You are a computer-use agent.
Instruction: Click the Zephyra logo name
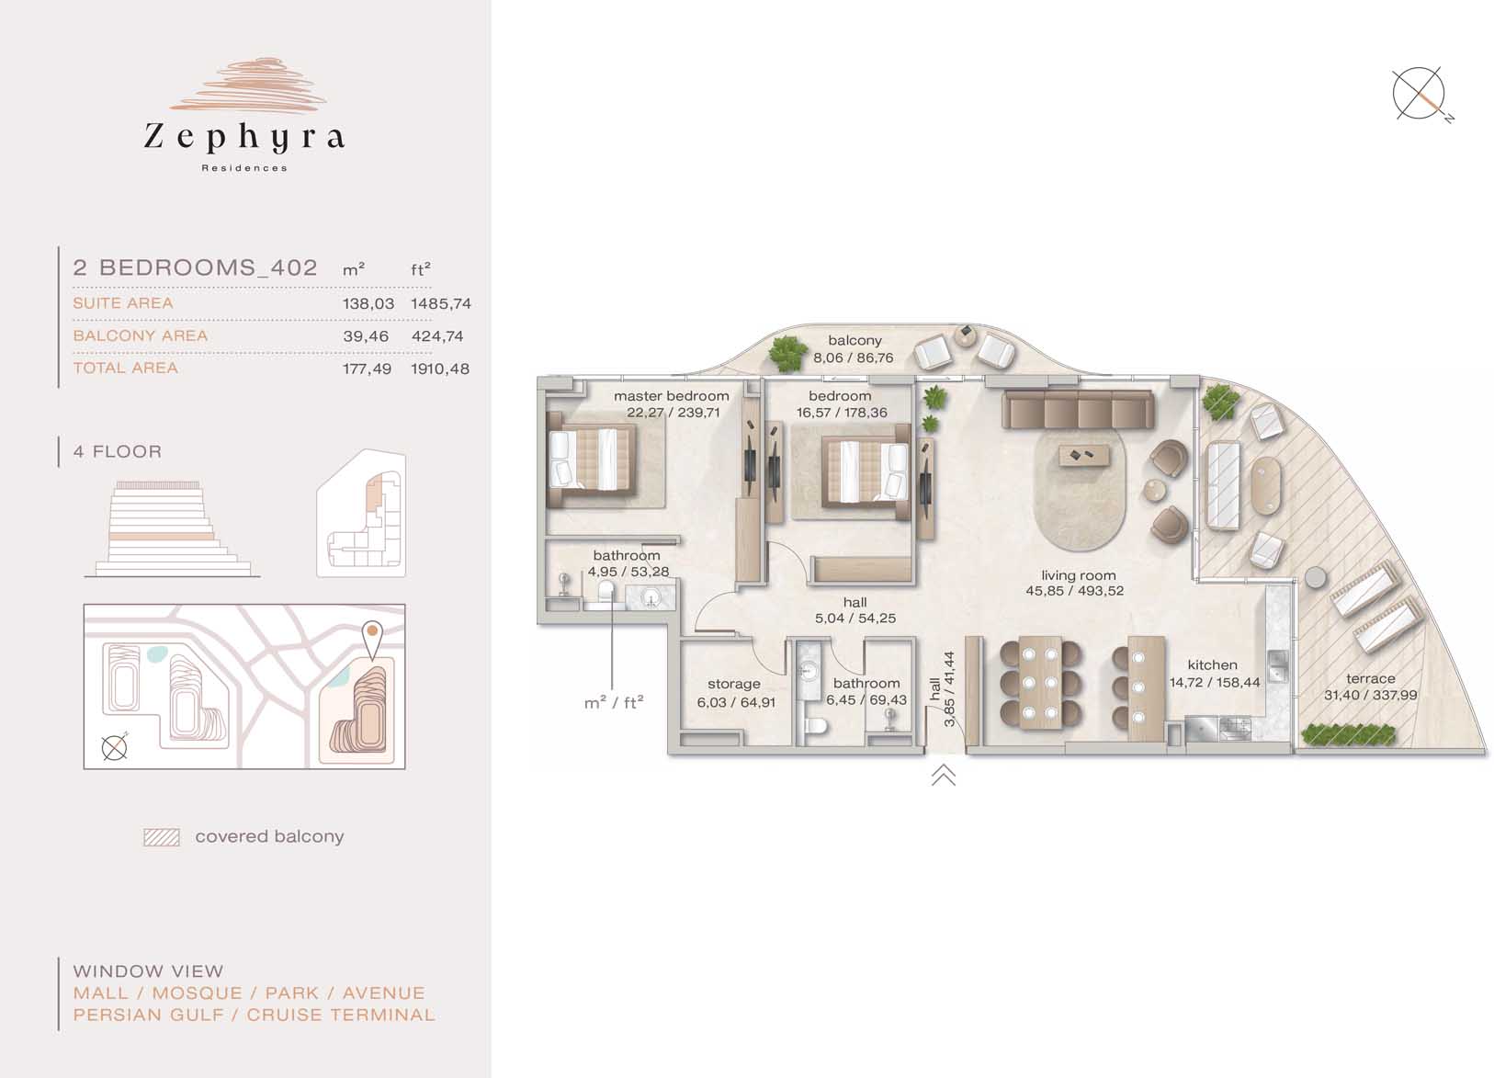point(244,137)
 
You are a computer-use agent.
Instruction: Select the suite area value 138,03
point(368,303)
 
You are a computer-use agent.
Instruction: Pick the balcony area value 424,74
point(436,336)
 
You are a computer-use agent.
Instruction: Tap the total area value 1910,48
point(440,369)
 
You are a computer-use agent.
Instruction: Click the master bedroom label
point(672,396)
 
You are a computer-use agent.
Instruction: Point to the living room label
point(1079,575)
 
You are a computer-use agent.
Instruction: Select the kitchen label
point(1213,665)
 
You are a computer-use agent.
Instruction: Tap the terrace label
point(1371,678)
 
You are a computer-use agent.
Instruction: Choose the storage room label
point(733,685)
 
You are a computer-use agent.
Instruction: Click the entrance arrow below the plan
point(943,775)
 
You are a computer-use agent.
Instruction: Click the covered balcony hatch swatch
point(162,837)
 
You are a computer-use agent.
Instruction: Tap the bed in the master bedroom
point(591,460)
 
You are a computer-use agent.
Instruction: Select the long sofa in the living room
point(1078,409)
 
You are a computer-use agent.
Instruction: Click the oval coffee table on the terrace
point(1266,485)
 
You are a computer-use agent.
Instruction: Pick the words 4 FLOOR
point(118,451)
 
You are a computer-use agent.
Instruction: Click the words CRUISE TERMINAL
point(341,1016)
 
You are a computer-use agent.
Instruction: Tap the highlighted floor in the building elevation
point(162,537)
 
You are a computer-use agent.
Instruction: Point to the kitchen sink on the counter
point(1276,665)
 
